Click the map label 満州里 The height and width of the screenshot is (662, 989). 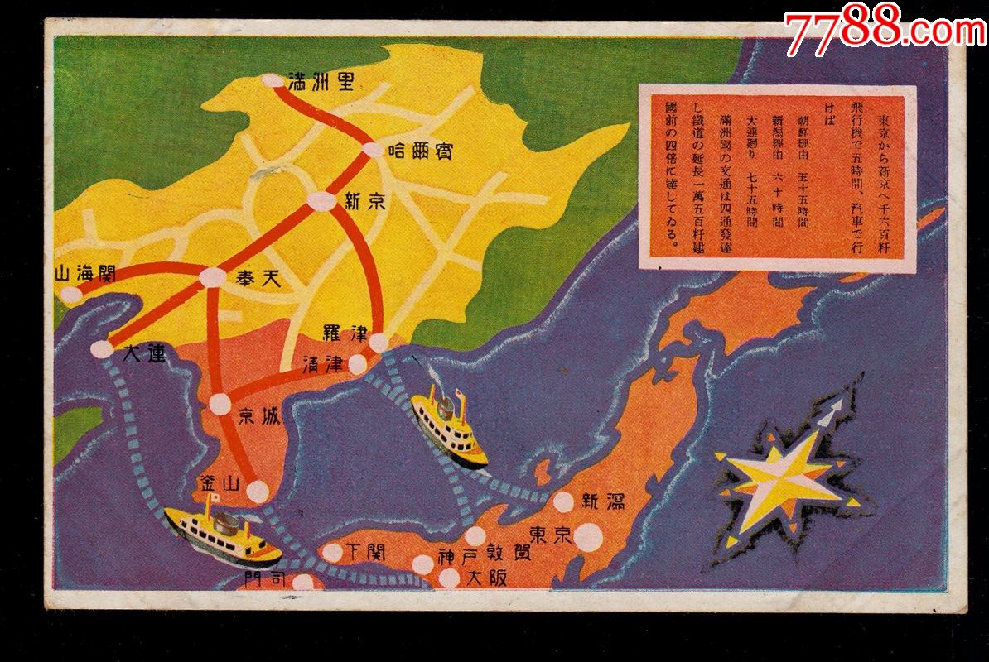click(x=321, y=82)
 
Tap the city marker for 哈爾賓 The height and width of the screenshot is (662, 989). click(x=374, y=150)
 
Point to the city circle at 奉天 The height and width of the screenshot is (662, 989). click(x=213, y=279)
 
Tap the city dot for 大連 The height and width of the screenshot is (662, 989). click(x=101, y=349)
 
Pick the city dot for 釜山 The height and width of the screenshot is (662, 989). click(x=258, y=492)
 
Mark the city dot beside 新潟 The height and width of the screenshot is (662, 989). click(x=563, y=501)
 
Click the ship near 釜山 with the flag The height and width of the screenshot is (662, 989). click(x=222, y=533)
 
